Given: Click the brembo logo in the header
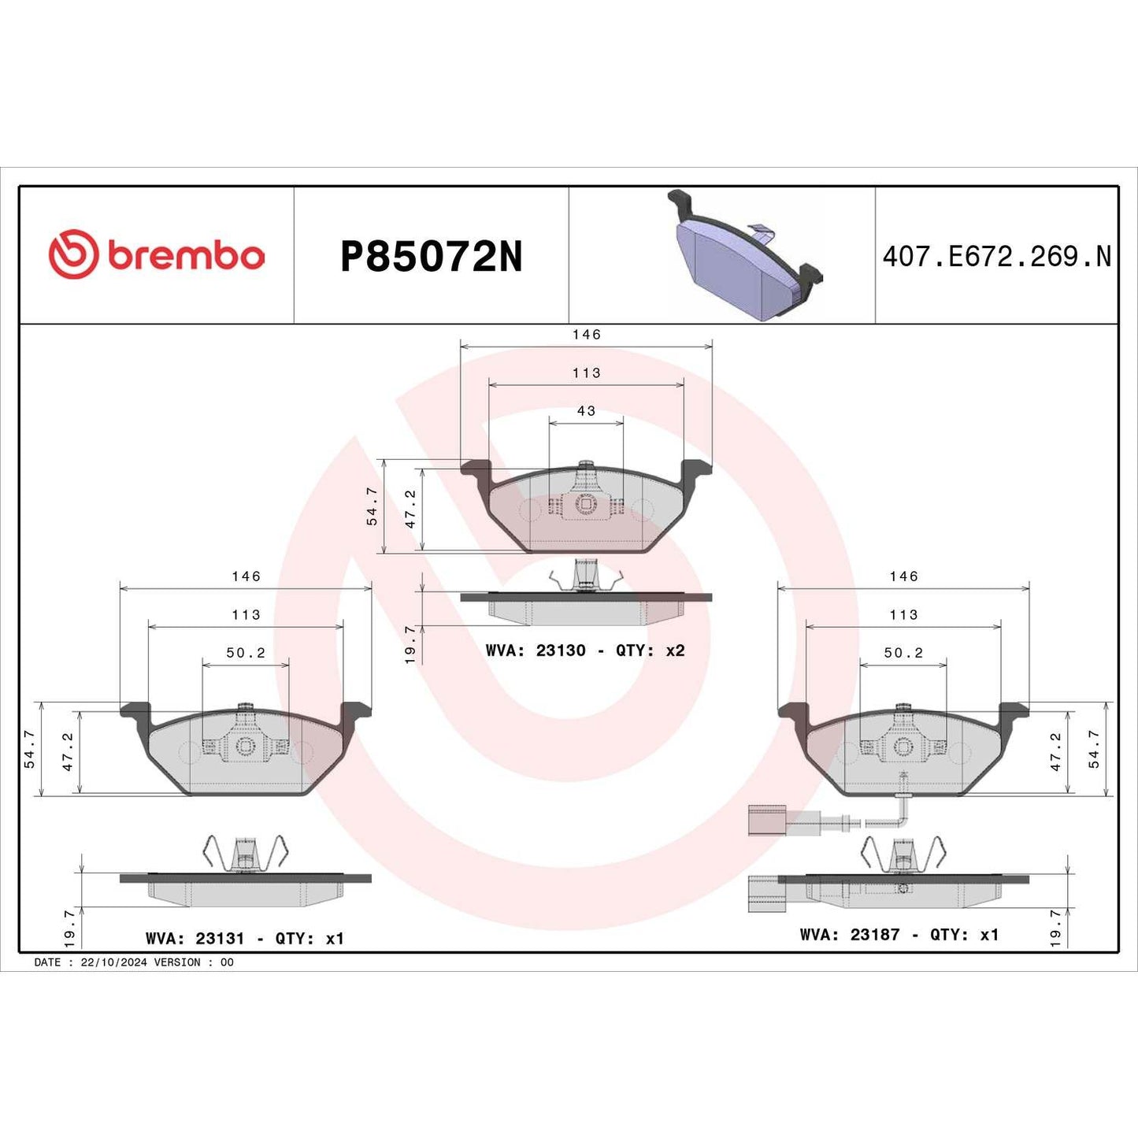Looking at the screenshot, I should point(156,255).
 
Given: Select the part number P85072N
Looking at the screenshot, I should point(431,257).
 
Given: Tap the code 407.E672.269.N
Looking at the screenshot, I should point(996,257).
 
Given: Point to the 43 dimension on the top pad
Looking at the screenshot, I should point(586,411).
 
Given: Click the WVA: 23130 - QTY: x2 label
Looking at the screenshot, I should point(585,651).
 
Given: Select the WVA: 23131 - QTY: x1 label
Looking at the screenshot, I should point(245,938).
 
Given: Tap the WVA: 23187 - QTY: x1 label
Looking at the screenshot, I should point(899,934).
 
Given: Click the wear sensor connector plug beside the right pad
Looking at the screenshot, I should point(766,821).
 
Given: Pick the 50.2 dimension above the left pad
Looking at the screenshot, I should point(246,653).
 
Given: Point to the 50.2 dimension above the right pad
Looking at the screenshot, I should point(903,653).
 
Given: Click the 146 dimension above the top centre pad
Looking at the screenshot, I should point(586,335).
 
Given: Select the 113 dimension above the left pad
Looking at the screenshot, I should point(246,615).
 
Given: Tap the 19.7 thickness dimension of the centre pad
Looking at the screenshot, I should point(410,644).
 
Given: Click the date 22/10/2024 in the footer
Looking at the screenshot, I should point(113,962).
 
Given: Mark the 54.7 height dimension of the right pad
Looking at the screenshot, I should point(1094,748).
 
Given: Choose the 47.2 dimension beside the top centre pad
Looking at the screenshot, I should point(410,509).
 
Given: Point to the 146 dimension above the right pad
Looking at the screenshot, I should point(903,576).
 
